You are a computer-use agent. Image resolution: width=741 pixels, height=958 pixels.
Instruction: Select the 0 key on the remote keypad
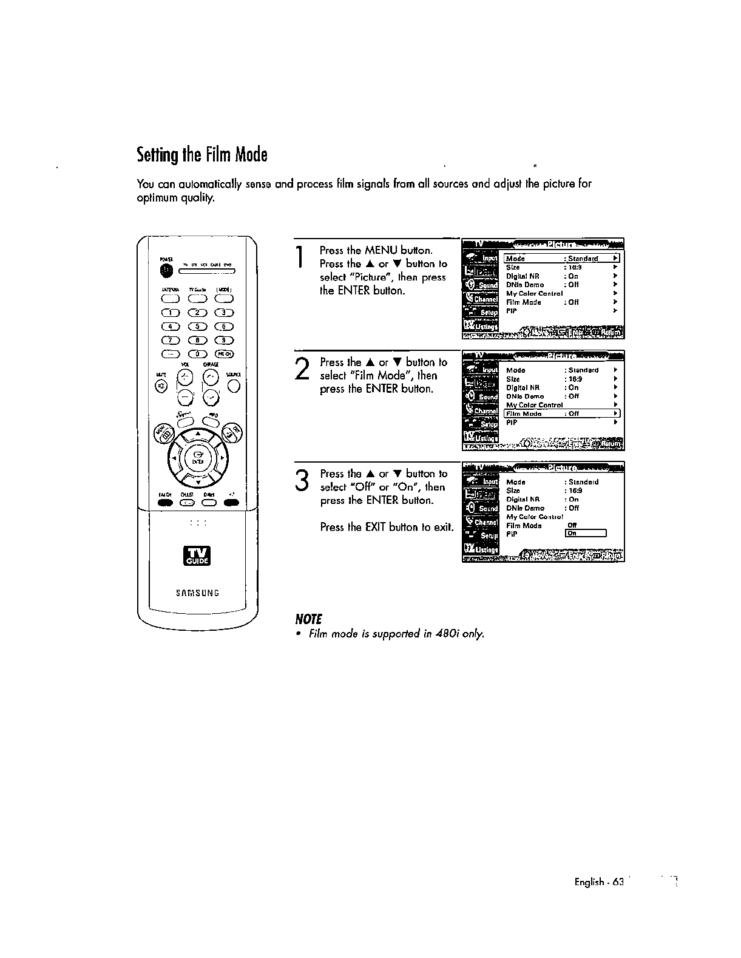(x=198, y=355)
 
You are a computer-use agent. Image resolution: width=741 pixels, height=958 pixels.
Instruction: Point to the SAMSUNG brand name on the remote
(x=197, y=593)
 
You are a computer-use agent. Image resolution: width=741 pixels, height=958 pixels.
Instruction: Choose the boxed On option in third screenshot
(x=585, y=534)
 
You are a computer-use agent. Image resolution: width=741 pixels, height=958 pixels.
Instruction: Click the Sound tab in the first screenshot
(x=481, y=285)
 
